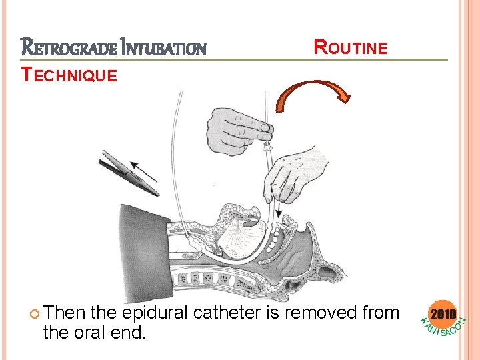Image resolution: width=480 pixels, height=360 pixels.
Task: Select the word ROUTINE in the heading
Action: (x=351, y=47)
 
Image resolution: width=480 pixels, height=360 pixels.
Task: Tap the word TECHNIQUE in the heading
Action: (x=69, y=75)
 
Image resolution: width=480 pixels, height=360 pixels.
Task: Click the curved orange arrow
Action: (x=313, y=94)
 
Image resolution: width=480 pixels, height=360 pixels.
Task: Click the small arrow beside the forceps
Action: (x=144, y=170)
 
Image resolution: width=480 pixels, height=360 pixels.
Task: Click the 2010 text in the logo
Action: (x=444, y=313)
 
